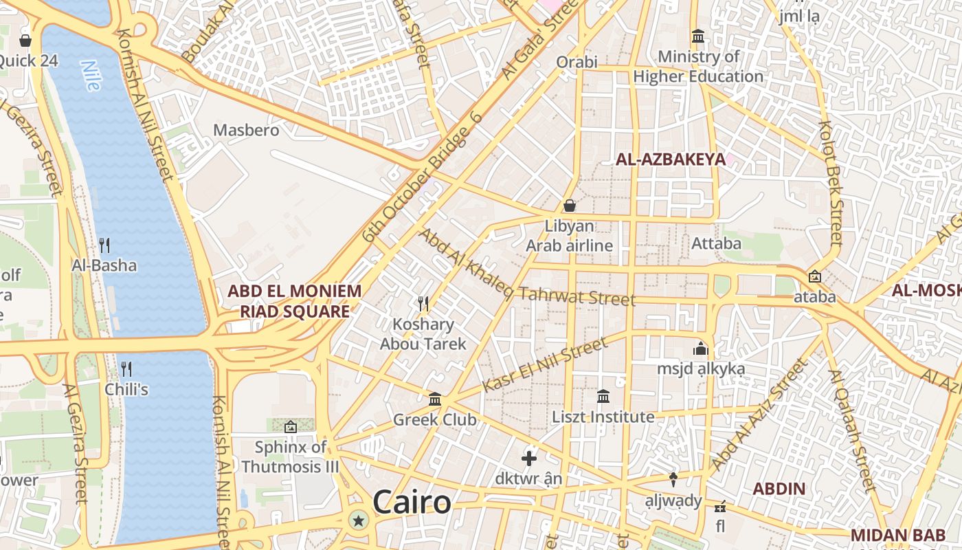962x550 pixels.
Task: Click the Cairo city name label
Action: point(412,503)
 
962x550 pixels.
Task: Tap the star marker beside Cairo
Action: point(357,520)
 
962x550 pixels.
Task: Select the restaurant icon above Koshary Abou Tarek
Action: point(423,303)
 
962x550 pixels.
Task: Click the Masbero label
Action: point(246,130)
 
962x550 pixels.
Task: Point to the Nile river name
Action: point(90,76)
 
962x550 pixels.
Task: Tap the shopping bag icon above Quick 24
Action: point(25,41)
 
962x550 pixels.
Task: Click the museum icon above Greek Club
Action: point(434,399)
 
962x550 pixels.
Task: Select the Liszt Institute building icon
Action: point(603,396)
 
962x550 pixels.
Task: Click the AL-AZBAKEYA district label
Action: point(670,159)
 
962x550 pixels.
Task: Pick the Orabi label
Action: point(577,62)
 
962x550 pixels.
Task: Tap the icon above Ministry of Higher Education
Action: point(698,36)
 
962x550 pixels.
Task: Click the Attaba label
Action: point(716,243)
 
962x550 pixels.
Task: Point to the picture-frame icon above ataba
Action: point(815,276)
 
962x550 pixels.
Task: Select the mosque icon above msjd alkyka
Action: point(701,349)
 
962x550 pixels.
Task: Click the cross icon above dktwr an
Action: point(529,458)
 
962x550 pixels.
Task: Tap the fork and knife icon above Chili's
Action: point(126,369)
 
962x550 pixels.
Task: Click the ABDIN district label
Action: point(779,489)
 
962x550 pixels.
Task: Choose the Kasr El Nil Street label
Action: point(545,365)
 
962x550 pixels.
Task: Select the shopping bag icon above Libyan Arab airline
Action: point(569,206)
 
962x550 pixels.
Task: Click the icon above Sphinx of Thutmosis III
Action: point(290,427)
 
